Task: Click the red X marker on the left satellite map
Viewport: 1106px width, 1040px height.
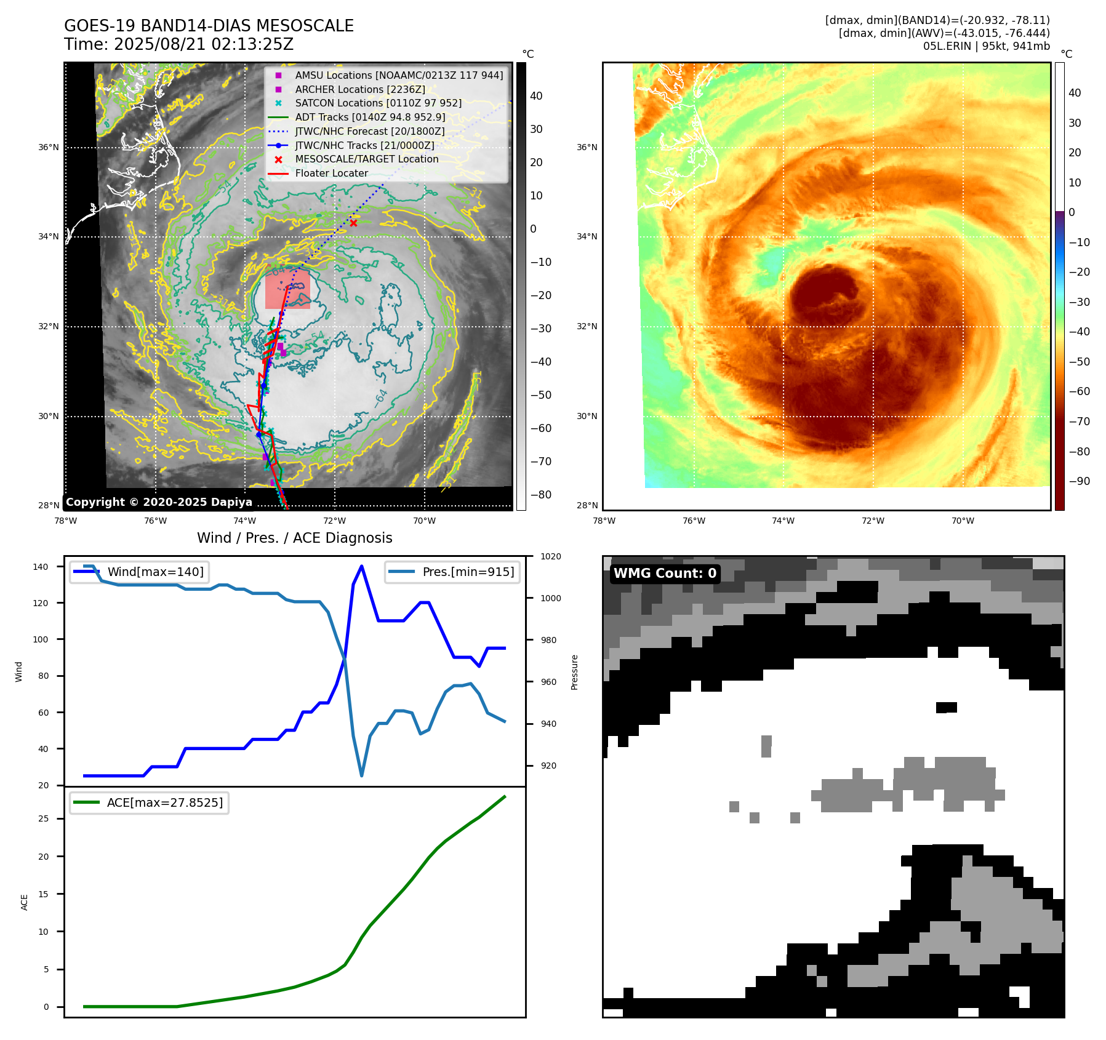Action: coord(353,223)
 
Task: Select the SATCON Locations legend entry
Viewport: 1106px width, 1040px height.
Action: coord(378,103)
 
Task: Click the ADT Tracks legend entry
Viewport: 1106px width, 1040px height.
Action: coord(370,118)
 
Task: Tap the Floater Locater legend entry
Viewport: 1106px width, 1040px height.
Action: coord(331,174)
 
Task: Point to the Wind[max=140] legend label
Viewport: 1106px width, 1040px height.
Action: coord(155,572)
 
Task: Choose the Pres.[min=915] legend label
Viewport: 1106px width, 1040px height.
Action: coord(468,572)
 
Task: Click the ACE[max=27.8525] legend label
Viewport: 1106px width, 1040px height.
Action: coord(164,803)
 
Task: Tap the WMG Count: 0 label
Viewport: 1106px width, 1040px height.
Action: coord(665,574)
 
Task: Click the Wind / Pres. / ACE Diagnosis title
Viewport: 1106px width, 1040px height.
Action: coord(294,538)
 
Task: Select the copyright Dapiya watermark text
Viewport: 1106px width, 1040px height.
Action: coord(159,502)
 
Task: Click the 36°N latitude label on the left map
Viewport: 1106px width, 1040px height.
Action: coord(49,148)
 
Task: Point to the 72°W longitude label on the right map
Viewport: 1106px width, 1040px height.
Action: coord(873,521)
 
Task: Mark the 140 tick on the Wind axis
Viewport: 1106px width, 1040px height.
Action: coord(41,567)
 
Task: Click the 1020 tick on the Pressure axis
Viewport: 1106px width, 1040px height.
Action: coord(551,557)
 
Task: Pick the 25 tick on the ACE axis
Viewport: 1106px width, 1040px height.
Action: coord(43,819)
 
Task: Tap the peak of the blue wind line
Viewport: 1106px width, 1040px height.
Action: coord(361,566)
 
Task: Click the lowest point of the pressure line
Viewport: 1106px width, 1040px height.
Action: coord(361,775)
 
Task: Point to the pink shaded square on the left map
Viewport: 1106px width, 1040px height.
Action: coord(287,289)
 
